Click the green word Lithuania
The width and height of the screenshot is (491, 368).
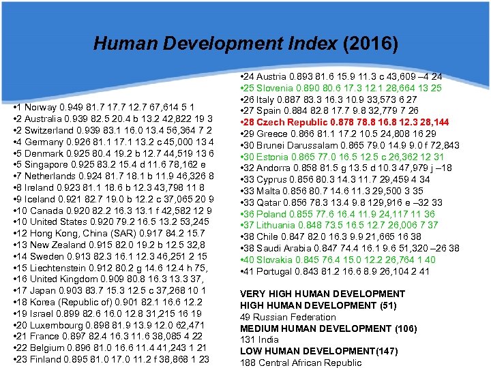pos(285,226)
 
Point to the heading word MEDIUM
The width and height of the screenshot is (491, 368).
pos(262,328)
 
